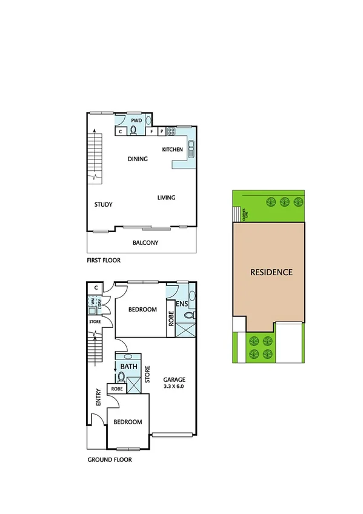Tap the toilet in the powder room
click(134, 130)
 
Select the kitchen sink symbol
click(191, 149)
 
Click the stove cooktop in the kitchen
click(171, 131)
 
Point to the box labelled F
click(152, 131)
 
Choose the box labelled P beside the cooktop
click(161, 131)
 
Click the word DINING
click(138, 159)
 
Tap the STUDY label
click(103, 204)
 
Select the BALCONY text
click(145, 243)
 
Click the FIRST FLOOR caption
click(104, 260)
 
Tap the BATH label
click(128, 367)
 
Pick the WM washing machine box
click(93, 301)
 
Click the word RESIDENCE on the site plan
click(271, 272)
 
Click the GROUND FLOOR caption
click(110, 459)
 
